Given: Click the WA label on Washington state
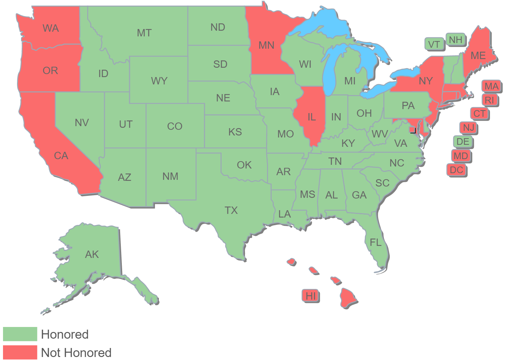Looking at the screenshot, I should (51, 28).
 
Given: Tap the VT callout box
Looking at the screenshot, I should (434, 44).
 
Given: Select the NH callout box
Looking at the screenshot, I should (456, 40).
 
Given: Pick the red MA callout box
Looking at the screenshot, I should (491, 86).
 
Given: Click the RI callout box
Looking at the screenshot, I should (490, 100).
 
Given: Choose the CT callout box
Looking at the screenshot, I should (480, 114).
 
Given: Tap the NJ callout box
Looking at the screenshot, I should (469, 128).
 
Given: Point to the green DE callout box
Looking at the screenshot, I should (463, 142).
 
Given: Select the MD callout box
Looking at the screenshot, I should (461, 156).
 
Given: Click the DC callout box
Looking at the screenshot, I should (456, 170).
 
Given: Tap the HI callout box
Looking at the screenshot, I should (310, 296).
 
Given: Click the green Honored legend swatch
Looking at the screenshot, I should (20, 334).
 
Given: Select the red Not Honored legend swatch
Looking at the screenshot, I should (20, 352).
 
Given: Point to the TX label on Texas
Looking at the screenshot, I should (231, 211).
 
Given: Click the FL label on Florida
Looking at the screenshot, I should (375, 243).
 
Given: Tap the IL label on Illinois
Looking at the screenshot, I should (311, 117).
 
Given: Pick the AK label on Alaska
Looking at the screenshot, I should (92, 255).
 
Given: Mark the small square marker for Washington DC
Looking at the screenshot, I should (413, 130).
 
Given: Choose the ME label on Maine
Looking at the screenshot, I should (478, 56).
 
